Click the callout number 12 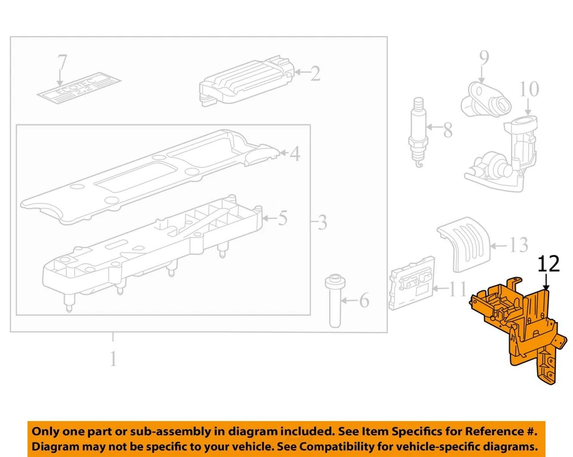point(549,264)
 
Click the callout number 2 point(315,73)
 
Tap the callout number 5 point(282,219)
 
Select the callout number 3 point(322,223)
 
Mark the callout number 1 point(113,359)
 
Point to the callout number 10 point(528,89)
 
